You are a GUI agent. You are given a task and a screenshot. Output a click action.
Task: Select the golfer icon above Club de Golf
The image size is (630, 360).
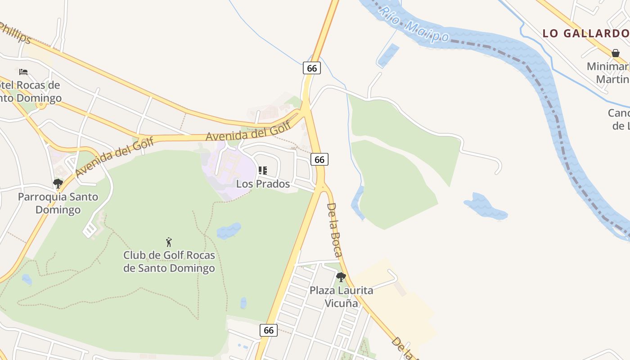click(x=169, y=242)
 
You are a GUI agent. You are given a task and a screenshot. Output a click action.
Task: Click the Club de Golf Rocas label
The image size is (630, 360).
click(x=169, y=261)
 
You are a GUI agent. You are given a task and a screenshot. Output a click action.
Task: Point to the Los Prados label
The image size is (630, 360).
click(x=263, y=184)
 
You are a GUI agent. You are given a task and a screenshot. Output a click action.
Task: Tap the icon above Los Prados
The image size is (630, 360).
click(x=263, y=171)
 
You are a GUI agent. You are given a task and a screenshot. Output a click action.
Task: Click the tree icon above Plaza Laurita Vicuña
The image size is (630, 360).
click(x=341, y=277)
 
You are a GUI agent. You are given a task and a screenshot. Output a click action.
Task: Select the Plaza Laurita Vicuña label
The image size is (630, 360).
click(x=341, y=297)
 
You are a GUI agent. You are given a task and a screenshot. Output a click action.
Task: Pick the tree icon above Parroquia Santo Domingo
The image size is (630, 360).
click(x=58, y=184)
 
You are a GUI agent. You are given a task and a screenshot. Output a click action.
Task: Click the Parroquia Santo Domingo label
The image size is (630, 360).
click(x=58, y=203)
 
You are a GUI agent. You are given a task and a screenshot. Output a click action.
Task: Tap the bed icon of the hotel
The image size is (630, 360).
click(x=23, y=72)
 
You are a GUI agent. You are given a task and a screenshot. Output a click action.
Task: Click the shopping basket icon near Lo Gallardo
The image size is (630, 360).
click(x=615, y=53)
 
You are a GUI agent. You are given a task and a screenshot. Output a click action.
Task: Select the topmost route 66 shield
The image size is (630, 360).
click(x=311, y=68)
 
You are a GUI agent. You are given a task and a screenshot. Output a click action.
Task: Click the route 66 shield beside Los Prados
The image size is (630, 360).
click(x=319, y=159)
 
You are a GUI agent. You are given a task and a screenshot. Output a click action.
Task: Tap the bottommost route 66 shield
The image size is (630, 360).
click(x=269, y=330)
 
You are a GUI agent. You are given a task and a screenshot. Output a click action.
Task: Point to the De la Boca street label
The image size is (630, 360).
click(x=334, y=229)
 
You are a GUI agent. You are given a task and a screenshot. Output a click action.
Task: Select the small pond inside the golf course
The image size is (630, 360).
click(x=229, y=230)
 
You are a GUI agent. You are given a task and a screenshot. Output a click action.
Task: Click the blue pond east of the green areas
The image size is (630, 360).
click(x=485, y=207)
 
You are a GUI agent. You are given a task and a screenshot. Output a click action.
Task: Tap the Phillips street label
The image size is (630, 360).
click(x=14, y=33)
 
